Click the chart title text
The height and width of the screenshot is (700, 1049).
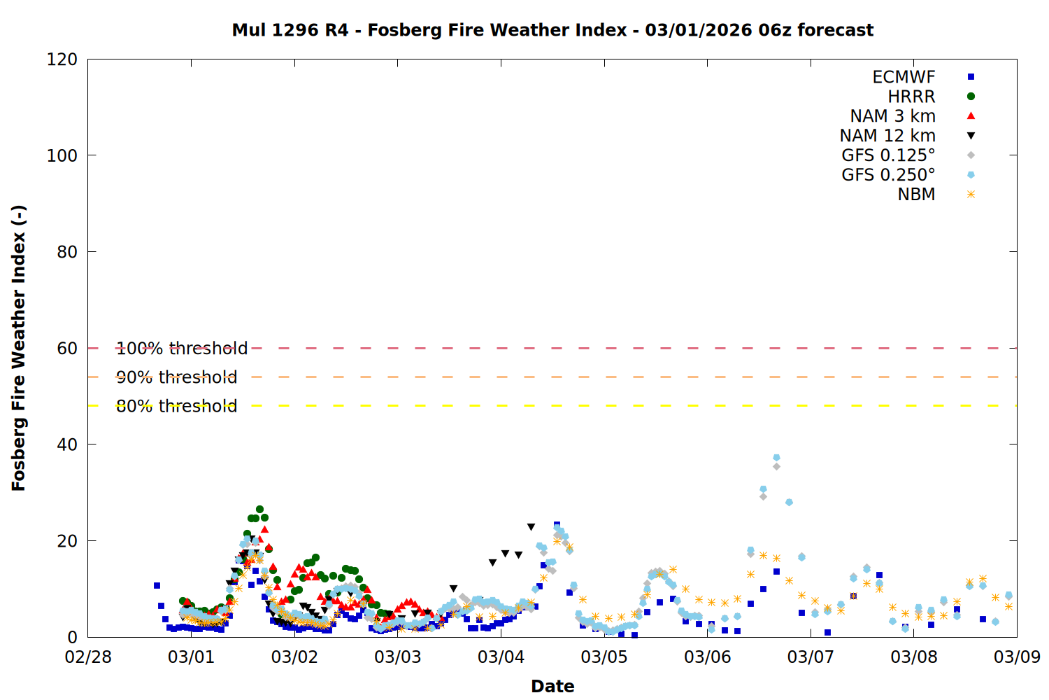point(552,30)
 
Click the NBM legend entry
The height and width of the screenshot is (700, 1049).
point(916,195)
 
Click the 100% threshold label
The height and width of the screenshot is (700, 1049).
point(182,349)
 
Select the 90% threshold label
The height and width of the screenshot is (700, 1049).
point(177,377)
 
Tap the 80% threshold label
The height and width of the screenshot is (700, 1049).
point(177,406)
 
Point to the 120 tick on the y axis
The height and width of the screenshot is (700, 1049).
point(62,59)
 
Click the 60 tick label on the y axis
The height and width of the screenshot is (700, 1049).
point(67,349)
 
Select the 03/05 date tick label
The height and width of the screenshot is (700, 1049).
point(604,657)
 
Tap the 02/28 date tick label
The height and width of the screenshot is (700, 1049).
point(88,657)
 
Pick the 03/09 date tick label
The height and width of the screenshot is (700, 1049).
point(1017,657)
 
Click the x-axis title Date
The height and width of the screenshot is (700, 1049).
point(552,686)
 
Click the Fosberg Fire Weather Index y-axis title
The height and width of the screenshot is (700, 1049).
point(19,348)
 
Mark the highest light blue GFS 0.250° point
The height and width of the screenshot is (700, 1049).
point(776,458)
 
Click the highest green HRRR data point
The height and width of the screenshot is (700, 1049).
point(259,510)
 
